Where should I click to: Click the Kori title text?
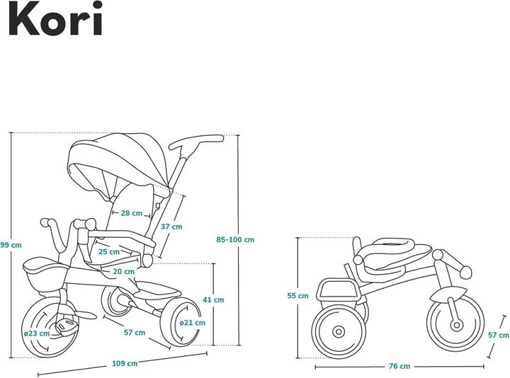(x=56, y=20)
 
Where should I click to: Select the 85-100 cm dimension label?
(x=234, y=239)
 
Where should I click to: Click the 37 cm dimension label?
(x=171, y=227)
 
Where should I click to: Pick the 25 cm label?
(x=108, y=251)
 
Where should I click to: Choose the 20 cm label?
(x=124, y=271)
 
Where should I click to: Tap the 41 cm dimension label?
(x=213, y=299)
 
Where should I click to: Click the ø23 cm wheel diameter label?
(x=36, y=333)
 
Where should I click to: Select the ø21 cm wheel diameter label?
(x=192, y=323)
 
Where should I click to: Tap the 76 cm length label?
(x=399, y=366)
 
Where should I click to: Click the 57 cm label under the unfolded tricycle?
(x=135, y=332)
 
